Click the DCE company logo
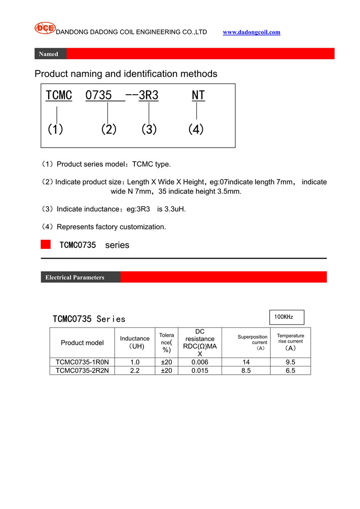(45, 28)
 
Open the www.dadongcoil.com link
(251, 32)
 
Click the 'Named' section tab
(49, 54)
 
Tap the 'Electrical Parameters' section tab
(75, 277)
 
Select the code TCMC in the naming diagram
(59, 95)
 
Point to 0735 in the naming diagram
(98, 95)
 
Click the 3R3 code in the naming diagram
(149, 95)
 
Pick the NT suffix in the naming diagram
(198, 95)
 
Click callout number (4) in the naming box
(196, 129)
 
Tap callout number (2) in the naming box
(109, 129)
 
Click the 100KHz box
(286, 317)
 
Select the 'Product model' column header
(82, 343)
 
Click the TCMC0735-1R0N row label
(82, 362)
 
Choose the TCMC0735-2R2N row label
(82, 371)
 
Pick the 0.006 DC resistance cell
(200, 362)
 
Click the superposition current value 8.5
(246, 371)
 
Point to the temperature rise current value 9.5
(291, 362)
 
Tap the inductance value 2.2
(135, 371)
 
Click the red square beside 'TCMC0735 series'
(46, 245)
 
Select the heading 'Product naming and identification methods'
(126, 74)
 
